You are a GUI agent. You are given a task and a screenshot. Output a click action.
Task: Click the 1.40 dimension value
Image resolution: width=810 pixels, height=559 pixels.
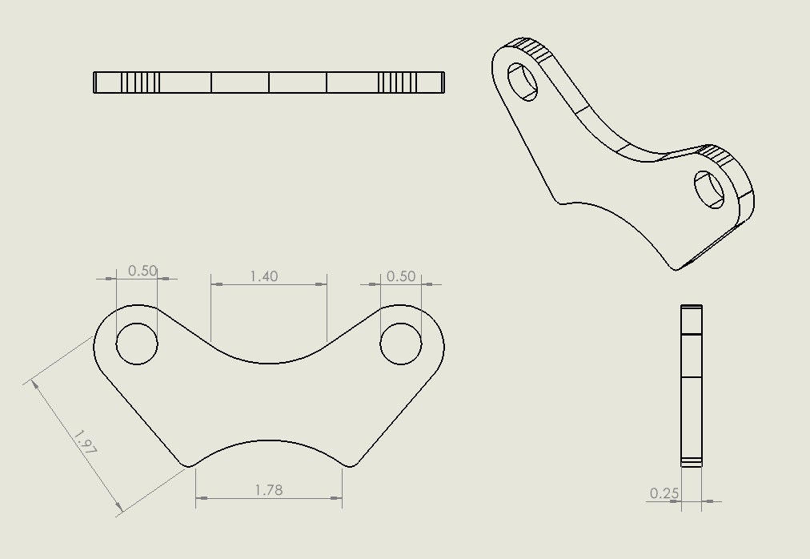click(264, 276)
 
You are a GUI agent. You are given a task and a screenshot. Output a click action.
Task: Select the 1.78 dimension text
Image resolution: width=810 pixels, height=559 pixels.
click(268, 490)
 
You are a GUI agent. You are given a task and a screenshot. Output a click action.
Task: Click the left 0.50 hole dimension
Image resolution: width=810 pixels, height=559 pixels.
click(142, 271)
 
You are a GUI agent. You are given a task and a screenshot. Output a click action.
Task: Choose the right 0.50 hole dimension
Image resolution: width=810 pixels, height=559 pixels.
click(401, 276)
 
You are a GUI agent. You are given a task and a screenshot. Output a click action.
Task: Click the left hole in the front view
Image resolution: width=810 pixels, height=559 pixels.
click(137, 344)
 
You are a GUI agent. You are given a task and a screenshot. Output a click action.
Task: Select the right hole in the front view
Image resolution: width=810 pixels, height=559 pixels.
click(401, 344)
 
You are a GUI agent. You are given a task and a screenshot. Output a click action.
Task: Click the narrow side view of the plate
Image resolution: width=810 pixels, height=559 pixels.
click(692, 385)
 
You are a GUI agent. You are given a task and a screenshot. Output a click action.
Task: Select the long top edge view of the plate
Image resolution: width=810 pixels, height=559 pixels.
click(269, 82)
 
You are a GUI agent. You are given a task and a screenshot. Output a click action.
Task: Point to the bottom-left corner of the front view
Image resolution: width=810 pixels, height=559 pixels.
click(187, 465)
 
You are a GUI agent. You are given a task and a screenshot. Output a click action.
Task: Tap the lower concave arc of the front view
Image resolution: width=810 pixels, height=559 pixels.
click(269, 440)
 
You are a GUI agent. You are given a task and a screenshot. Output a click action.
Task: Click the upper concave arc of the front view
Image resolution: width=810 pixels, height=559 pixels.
click(269, 363)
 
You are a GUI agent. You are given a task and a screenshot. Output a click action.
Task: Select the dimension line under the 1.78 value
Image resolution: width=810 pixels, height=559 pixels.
click(269, 498)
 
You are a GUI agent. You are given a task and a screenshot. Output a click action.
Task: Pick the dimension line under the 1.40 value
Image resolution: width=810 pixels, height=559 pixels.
click(269, 284)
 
